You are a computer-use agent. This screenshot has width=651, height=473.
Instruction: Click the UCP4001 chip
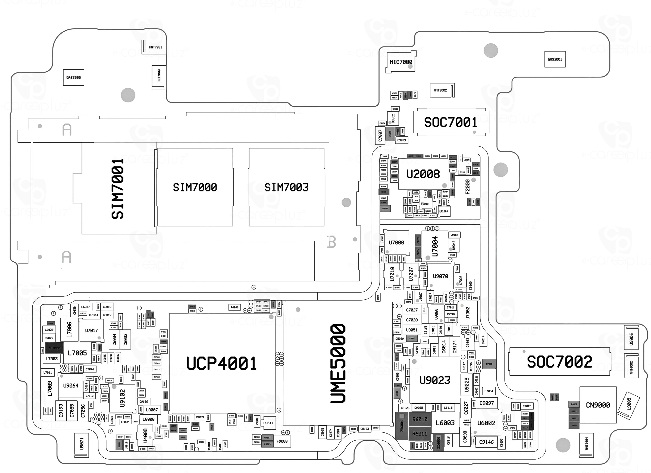point(222,363)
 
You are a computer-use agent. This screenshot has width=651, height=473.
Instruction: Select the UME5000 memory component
point(338,363)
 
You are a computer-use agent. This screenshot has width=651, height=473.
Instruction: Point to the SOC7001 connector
point(451,122)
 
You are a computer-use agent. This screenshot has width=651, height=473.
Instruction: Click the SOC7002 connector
point(559,361)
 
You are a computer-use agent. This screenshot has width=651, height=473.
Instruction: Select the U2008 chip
point(423,174)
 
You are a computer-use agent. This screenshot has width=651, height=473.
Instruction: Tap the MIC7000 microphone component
point(401,62)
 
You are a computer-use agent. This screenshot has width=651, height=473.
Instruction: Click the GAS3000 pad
point(73,77)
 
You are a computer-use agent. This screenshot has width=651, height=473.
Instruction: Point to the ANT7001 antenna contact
point(155,47)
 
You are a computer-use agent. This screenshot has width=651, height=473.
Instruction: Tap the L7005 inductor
point(77,353)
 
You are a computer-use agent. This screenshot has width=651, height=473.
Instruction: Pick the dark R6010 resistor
point(420,419)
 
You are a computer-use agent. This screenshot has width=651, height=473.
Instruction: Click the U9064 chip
point(71,386)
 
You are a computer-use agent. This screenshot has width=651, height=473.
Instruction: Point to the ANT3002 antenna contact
point(440,90)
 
